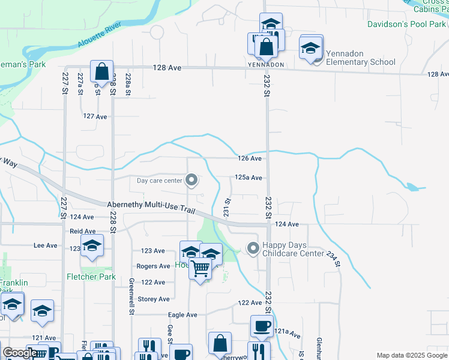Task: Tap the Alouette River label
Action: point(99,36)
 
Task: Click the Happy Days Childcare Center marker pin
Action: point(253,247)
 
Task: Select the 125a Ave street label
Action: point(248,178)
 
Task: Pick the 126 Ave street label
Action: point(250,158)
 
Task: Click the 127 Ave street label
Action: point(95,116)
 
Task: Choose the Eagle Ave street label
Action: point(182,314)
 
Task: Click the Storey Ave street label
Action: point(154,299)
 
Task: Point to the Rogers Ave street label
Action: point(153,266)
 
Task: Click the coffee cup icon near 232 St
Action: point(261,326)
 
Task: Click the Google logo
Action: point(20,353)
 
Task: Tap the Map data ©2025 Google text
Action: point(411,355)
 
